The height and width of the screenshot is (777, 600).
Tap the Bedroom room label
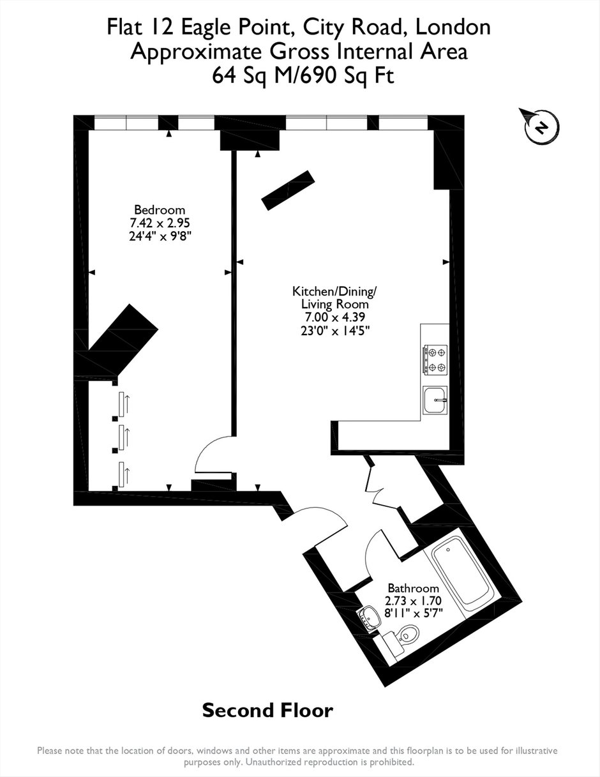coord(160,209)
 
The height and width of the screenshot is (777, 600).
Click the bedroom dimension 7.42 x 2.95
coord(160,223)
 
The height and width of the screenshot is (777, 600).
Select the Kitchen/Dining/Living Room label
coord(334,298)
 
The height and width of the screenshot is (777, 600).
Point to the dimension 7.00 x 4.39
coord(334,317)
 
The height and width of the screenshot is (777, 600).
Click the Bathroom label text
coord(414,588)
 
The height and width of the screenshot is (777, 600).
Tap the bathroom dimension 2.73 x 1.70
coord(414,600)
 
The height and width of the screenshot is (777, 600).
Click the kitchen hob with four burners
coord(435,360)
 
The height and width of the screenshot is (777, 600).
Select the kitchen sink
coord(435,400)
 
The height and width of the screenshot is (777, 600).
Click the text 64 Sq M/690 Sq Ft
coord(303,75)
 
